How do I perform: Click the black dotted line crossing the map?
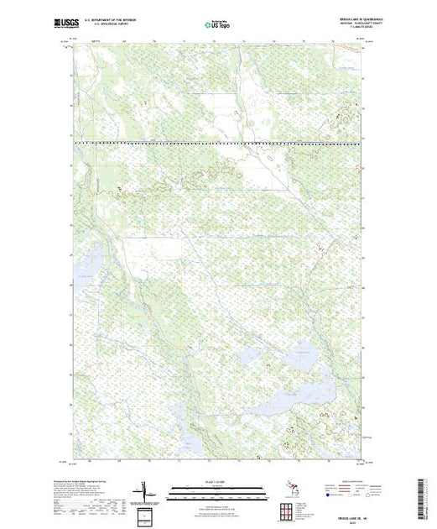(218, 144)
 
